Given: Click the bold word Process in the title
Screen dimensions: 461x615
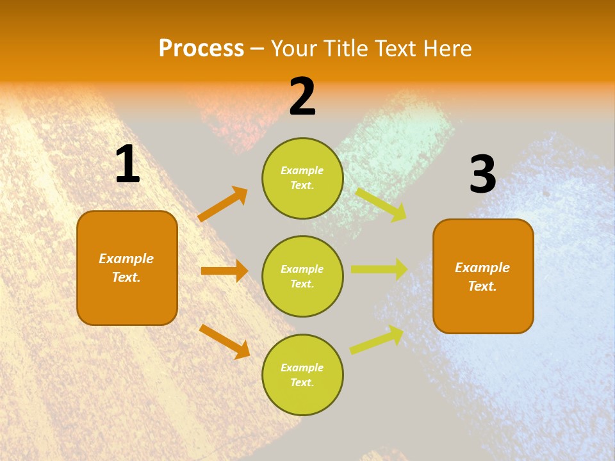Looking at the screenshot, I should [x=201, y=48].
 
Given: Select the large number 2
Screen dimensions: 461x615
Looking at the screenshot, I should [x=302, y=97].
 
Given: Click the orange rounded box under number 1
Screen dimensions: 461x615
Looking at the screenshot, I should [x=127, y=268].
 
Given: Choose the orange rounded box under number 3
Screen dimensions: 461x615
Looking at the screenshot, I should [x=483, y=276].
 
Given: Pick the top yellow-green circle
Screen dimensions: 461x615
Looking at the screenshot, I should [x=302, y=178].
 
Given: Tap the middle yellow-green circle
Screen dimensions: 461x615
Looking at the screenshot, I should [x=302, y=276].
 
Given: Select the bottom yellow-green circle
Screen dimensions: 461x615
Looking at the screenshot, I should [x=302, y=375].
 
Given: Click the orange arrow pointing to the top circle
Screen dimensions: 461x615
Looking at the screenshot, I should [x=222, y=204].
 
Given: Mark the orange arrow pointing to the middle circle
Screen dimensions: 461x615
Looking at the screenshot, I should [x=224, y=271].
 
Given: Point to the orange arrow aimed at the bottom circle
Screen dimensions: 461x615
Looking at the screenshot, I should [x=224, y=341].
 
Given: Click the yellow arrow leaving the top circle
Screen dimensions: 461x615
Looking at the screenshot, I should [x=381, y=204].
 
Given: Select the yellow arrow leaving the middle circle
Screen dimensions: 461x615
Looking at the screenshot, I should [x=379, y=270].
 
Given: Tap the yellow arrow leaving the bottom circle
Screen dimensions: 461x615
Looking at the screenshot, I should [x=377, y=339].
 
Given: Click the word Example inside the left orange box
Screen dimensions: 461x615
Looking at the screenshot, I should [x=126, y=259].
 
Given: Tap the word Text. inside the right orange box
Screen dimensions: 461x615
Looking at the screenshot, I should [x=482, y=286].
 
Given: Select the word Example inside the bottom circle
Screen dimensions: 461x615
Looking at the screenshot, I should [x=302, y=368].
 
